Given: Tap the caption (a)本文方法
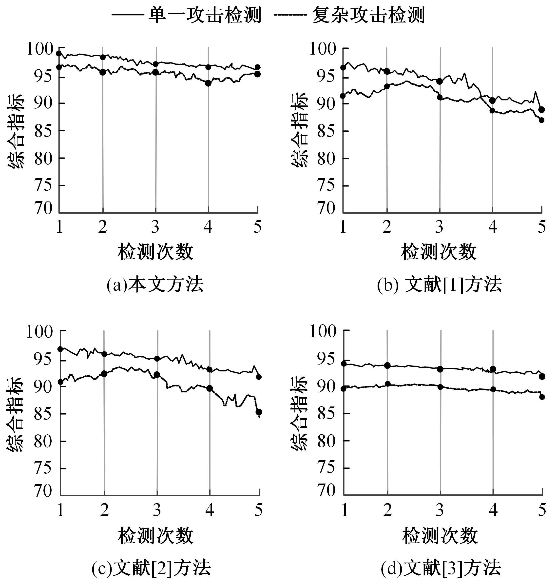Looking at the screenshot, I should (155, 285).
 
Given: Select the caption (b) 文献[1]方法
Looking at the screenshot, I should (440, 285).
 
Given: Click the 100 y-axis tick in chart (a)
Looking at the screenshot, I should (40, 49).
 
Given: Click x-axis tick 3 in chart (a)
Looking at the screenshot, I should (155, 227).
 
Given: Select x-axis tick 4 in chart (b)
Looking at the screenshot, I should (493, 227).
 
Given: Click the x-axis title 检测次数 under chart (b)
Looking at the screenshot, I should (439, 252).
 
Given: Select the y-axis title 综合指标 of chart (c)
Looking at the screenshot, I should (15, 414).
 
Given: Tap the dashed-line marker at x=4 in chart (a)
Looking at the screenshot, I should (208, 83).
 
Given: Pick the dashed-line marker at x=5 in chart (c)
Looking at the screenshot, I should (259, 412).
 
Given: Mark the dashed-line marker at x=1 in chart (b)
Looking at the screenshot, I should (343, 96).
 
